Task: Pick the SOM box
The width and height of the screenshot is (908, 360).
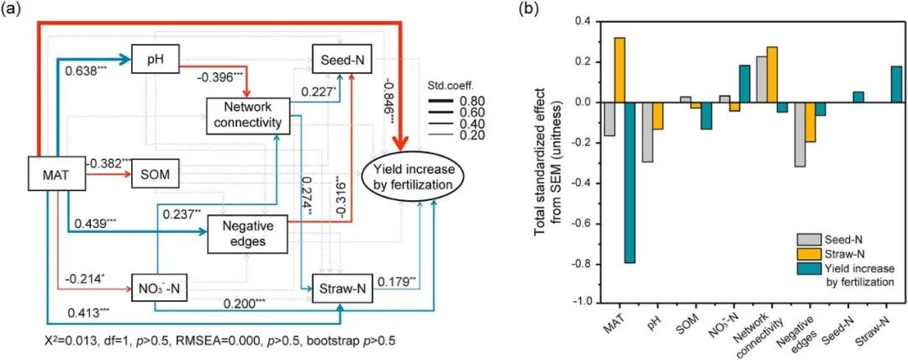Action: tap(156, 177)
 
